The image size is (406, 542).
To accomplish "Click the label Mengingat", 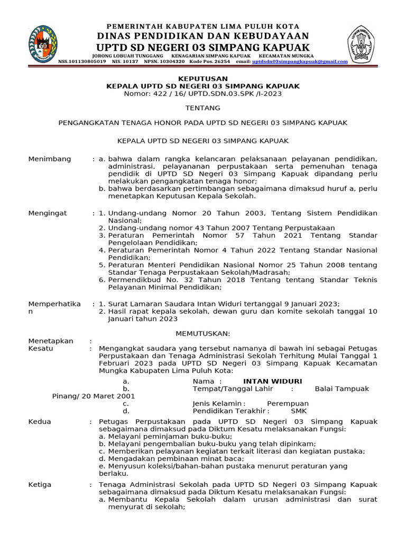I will (47, 213).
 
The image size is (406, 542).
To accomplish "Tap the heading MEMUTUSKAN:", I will (203, 333).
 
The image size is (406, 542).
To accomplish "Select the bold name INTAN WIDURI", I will (272, 381).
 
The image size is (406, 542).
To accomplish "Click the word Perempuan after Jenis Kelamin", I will (288, 403).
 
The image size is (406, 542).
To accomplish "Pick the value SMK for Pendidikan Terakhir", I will (298, 411).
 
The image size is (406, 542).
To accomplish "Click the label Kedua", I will (39, 422).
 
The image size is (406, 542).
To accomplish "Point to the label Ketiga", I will (39, 485).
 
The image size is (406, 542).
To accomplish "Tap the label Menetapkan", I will (51, 341).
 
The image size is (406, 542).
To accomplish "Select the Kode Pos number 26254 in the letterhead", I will (222, 61).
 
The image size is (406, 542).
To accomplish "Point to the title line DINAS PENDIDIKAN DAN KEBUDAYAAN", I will (203, 35).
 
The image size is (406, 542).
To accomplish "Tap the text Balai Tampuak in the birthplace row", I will (342, 389).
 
